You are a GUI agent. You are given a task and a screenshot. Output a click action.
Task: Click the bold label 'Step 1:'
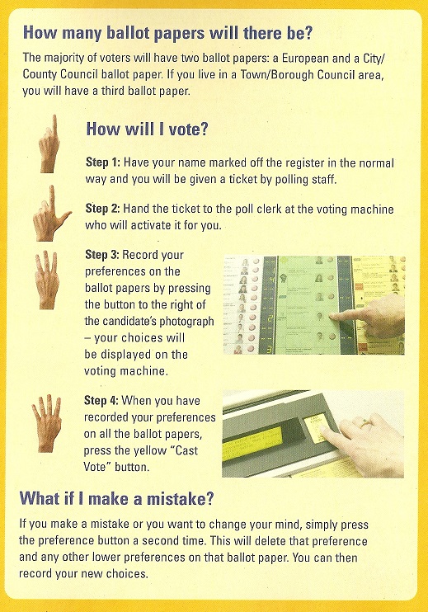(103, 161)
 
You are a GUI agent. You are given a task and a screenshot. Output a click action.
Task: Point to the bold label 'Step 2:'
(103, 209)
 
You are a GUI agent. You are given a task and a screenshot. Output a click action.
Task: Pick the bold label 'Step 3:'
(103, 256)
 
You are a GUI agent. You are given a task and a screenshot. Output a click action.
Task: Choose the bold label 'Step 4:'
(103, 401)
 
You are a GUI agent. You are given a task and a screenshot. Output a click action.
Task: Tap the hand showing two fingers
(50, 214)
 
